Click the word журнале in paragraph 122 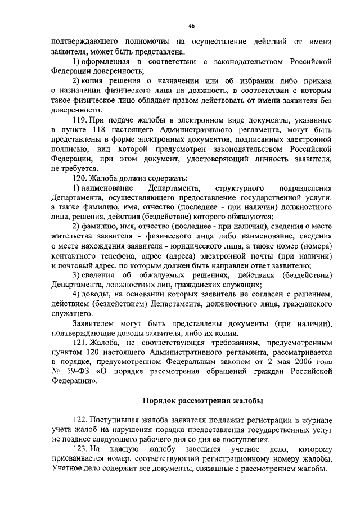(316, 420)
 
